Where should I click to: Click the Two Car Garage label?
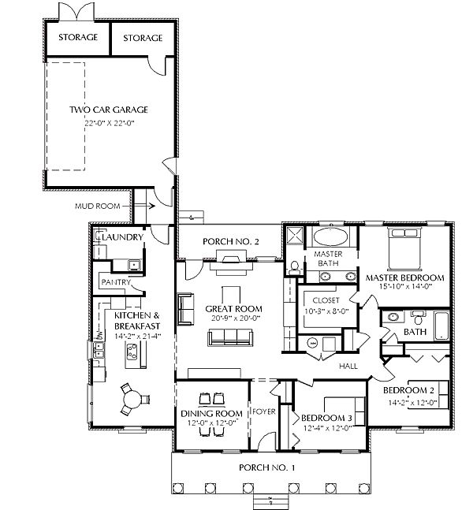point(109,110)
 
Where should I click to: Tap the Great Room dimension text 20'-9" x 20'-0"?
point(236,318)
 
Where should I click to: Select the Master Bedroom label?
point(405,277)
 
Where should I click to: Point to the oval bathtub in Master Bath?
point(330,236)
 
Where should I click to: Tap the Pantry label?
point(116,282)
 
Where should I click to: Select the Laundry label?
point(122,237)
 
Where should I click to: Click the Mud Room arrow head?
point(151,206)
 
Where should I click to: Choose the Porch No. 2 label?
point(231,242)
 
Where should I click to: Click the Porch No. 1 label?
point(266,467)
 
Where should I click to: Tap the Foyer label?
point(264,411)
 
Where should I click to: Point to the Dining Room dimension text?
point(212,423)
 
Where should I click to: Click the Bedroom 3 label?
point(326,418)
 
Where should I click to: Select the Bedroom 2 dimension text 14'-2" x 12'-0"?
point(412,403)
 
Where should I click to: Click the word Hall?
point(348,367)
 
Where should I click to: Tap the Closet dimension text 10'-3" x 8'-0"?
point(326,311)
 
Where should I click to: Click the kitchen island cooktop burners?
point(132,352)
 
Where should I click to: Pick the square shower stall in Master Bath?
point(294,236)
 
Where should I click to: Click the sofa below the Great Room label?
point(230,337)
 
